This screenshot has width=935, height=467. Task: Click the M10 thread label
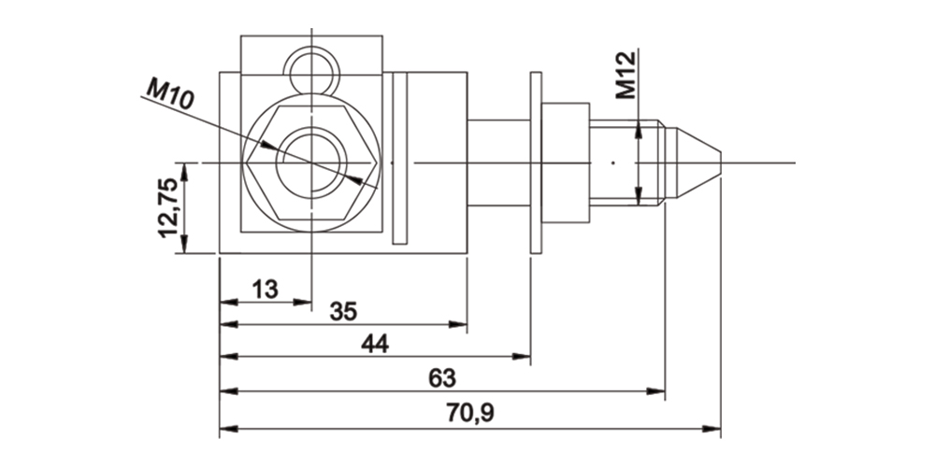pyautogui.click(x=169, y=94)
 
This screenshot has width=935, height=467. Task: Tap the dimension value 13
pyautogui.click(x=265, y=290)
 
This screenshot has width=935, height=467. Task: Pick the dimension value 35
pyautogui.click(x=344, y=312)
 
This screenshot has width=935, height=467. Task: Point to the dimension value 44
pyautogui.click(x=374, y=345)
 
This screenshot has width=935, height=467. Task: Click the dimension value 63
pyautogui.click(x=441, y=378)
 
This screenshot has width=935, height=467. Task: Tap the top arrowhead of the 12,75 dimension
pyautogui.click(x=185, y=169)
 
